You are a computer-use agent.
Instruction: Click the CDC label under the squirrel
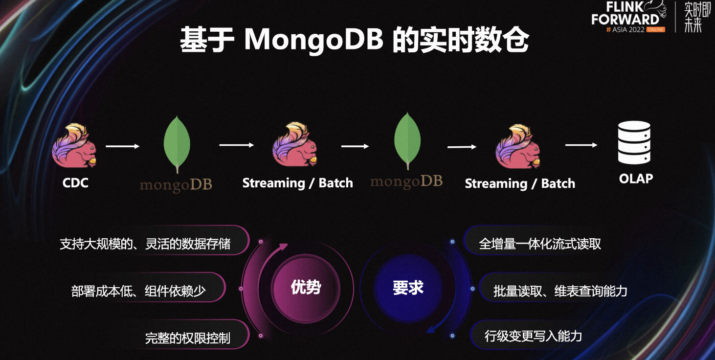pos(75,183)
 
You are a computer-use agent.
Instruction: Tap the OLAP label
pos(635,179)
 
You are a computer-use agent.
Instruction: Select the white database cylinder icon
pos(634,142)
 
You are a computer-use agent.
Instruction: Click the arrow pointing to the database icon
pos(581,145)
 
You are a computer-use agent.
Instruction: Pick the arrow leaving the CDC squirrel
pos(123,146)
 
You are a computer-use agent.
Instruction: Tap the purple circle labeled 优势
pos(306,288)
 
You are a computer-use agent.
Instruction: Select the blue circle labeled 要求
pos(408,288)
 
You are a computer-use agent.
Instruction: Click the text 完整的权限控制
pos(187,338)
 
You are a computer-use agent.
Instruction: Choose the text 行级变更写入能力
pos(533,336)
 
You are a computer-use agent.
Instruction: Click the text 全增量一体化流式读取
pos(540,244)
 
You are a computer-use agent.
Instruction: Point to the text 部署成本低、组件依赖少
pos(138,291)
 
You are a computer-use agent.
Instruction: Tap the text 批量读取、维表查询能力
pos(560,291)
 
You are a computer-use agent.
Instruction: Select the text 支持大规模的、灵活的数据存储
pos(145,244)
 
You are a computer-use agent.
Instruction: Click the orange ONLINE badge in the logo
pos(656,30)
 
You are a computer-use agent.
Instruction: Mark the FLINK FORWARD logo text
pos(625,14)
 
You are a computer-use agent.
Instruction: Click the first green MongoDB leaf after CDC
pos(177,144)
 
